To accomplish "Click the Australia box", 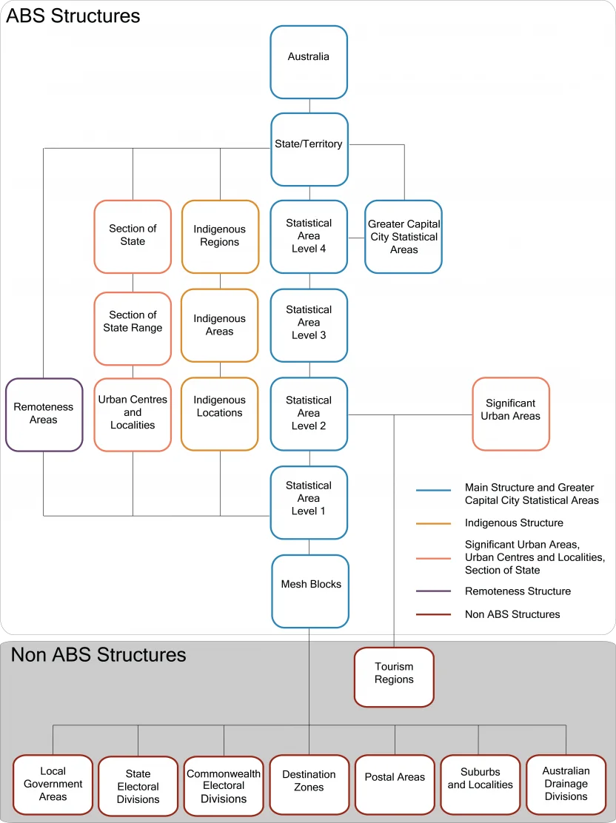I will coord(309,62).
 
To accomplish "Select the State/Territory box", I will coord(309,149).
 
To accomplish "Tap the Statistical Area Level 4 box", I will coord(309,236).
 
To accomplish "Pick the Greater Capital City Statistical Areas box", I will coord(404,237).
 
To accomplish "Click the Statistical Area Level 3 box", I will coord(309,323).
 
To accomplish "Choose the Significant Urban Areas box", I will coord(511,414).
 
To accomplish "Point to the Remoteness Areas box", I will coord(44,414).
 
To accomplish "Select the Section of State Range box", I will coord(133,328).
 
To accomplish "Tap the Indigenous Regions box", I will coord(220,236).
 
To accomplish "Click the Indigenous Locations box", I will coord(220,414).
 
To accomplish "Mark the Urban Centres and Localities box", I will coord(133,414).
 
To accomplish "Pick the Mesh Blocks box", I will coord(310,591).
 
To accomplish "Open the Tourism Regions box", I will coord(394,677).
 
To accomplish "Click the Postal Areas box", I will coord(395,784).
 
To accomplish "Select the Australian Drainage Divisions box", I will coord(566,784).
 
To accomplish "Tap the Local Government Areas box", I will coord(53,784).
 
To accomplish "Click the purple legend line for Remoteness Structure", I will coord(433,591).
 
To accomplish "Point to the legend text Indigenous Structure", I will coord(514,523).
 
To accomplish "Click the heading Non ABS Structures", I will coord(98,655).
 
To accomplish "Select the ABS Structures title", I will coord(73,16).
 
